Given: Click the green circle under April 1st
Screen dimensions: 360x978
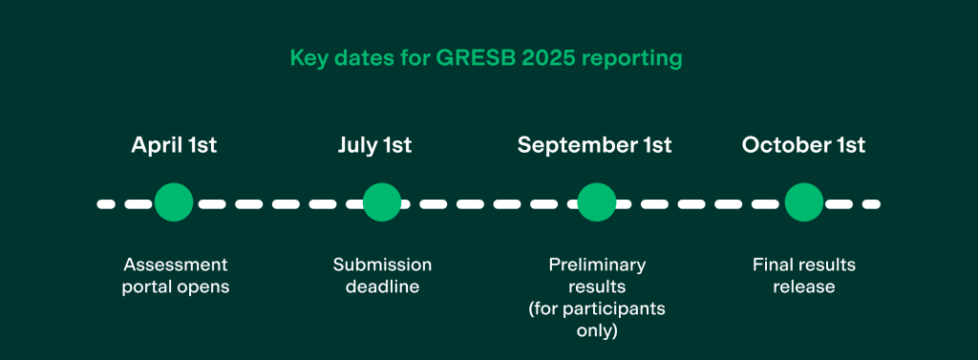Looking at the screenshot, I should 174,202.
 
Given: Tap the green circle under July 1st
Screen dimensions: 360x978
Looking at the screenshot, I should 382,202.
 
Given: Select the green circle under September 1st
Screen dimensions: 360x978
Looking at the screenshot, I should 597,202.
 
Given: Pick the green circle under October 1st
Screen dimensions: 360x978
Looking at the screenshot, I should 804,202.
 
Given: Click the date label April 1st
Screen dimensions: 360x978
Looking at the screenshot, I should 174,145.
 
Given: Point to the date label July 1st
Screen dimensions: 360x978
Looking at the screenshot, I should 374,145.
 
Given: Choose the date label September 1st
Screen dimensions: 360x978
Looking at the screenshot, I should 594,145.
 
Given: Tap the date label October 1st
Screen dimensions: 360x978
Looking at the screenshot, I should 803,145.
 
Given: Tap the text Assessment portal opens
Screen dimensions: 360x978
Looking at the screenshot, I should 176,275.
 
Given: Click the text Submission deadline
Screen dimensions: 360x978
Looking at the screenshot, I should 382,275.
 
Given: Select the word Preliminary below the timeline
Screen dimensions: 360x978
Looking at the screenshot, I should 597,265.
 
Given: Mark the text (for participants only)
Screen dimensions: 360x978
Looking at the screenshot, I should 597,320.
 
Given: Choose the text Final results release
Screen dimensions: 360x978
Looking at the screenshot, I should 804,275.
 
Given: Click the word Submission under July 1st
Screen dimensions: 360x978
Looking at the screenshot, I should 382,265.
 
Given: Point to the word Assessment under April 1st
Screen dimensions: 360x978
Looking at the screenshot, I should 176,265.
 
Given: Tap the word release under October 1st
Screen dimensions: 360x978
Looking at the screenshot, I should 804,286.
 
